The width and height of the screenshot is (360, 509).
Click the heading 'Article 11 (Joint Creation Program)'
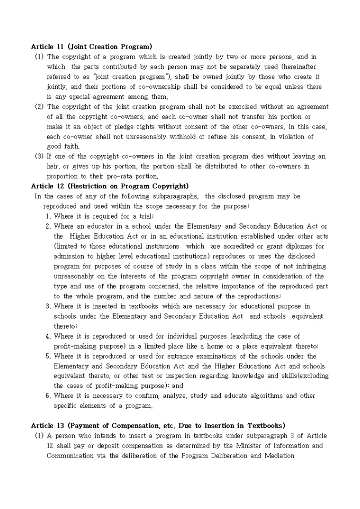[x=92, y=47]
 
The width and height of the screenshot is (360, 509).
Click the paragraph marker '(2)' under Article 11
[x=39, y=107]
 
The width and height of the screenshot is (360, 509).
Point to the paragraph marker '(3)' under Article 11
[x=39, y=157]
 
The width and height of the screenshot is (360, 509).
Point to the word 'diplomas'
[x=299, y=247]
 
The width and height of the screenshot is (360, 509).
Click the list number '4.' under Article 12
[x=48, y=337]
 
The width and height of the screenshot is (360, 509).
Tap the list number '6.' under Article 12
[x=48, y=396]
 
